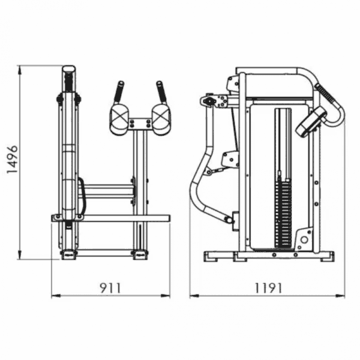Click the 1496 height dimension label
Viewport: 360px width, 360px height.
pos(12,160)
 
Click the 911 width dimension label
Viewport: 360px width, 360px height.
pos(110,288)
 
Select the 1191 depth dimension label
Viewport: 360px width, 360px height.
pos(268,288)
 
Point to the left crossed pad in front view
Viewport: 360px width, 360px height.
pos(119,119)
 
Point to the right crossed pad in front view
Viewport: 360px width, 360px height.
pos(161,119)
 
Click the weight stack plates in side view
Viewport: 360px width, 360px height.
pos(283,213)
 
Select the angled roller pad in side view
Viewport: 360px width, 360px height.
pos(311,122)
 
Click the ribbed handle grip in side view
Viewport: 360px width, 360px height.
pos(325,93)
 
